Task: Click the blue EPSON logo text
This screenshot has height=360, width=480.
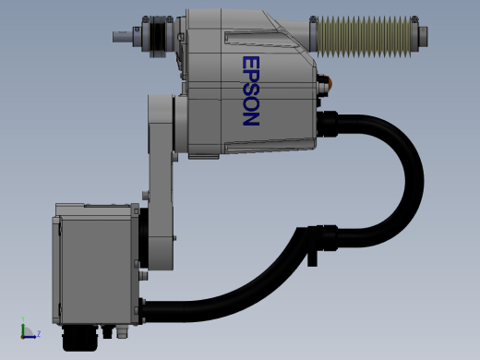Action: coord(251,90)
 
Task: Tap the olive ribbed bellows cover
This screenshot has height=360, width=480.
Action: coord(364,37)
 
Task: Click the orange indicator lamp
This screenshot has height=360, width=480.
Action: coord(330,82)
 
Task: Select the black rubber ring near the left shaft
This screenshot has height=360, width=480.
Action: coord(159,37)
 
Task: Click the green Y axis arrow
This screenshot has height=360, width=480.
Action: coord(23,328)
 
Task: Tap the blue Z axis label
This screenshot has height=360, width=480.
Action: coord(39,333)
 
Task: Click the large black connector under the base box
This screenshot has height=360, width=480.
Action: coord(80,338)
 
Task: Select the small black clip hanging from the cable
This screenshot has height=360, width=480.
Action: coord(312,258)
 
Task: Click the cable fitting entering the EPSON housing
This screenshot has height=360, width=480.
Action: coord(328,125)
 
